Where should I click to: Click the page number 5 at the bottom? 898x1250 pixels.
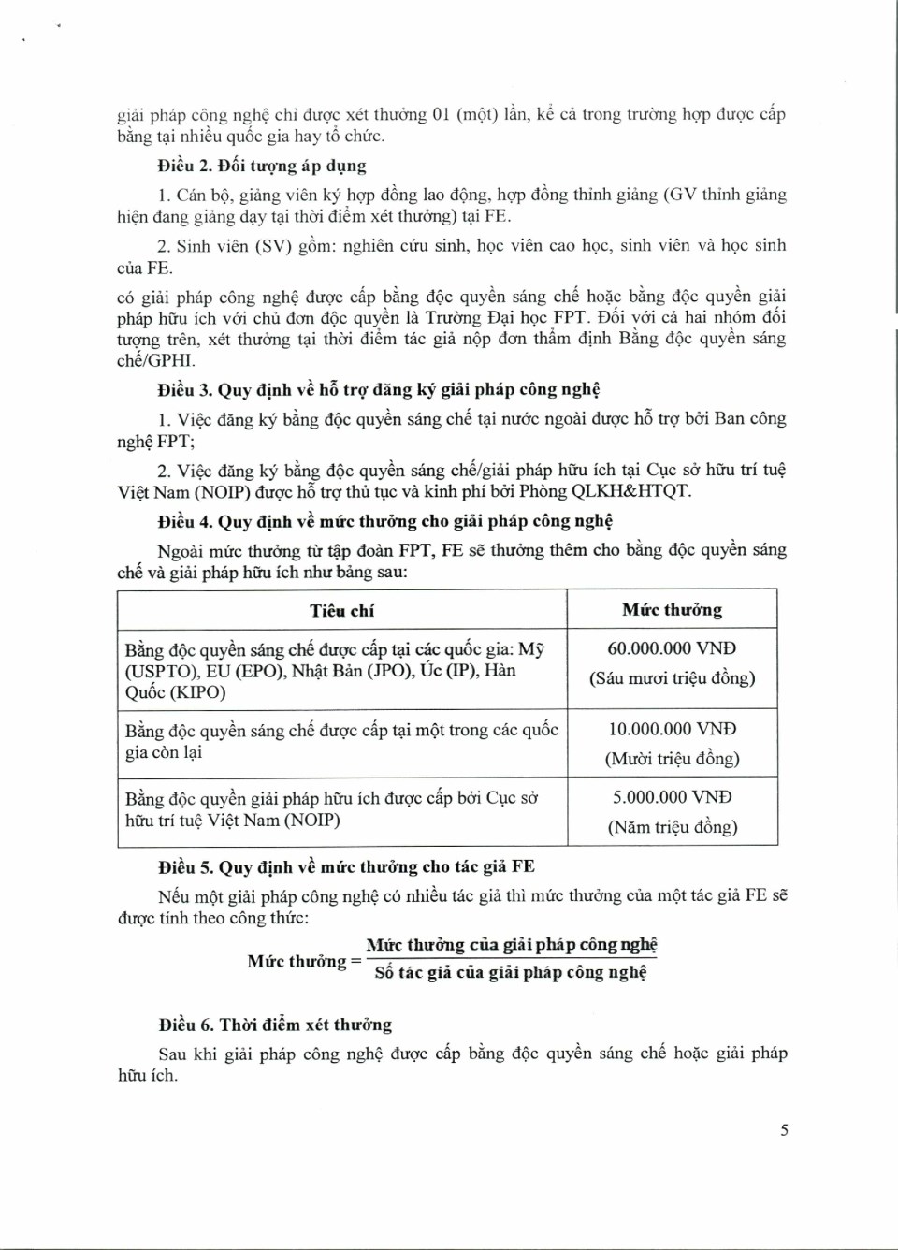784,1129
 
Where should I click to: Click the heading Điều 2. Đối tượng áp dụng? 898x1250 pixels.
262,166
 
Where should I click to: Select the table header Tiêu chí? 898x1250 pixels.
341,610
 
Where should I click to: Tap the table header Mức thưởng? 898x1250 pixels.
672,610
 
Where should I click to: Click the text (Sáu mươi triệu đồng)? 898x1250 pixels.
672,677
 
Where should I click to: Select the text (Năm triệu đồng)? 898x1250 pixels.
672,827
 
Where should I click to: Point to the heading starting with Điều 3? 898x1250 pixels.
379,389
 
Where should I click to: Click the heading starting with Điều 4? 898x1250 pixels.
384,521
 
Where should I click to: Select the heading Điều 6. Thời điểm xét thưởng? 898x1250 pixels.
275,1025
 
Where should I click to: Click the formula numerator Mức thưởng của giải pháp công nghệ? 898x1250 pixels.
512,944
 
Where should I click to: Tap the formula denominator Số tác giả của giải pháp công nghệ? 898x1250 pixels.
511,972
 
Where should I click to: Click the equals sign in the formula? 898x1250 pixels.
355,961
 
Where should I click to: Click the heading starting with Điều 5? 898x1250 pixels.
346,866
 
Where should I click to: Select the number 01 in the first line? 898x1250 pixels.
441,114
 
